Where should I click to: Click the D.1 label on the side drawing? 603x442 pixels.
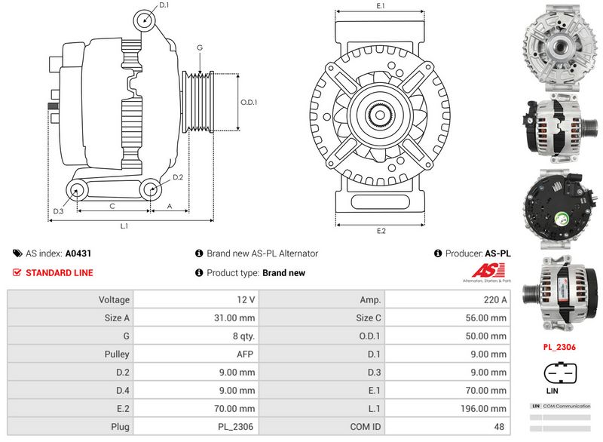(x=164, y=5)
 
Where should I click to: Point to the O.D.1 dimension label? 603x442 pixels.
(x=249, y=103)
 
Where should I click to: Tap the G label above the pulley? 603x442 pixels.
(x=200, y=48)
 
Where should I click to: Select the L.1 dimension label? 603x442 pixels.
(x=124, y=225)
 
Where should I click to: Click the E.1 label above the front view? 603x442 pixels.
(x=381, y=6)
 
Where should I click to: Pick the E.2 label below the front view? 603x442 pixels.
(x=381, y=231)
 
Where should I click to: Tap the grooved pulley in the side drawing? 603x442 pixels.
(x=200, y=103)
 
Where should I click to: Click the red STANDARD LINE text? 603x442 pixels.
(x=59, y=273)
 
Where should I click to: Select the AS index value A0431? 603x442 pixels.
(x=78, y=254)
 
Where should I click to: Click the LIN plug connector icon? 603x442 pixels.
(x=560, y=374)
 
